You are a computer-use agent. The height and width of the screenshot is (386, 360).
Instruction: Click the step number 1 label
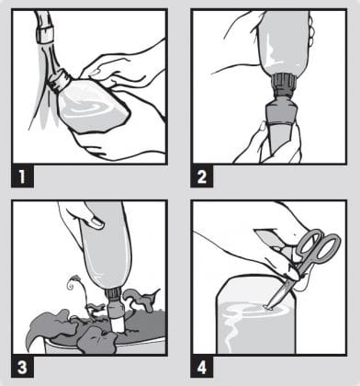22,176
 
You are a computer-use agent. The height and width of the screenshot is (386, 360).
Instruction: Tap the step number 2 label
202,176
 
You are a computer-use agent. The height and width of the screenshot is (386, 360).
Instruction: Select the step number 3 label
22,367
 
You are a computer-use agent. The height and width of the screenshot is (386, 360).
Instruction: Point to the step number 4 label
202,367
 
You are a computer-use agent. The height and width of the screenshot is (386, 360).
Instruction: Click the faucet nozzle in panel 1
43,33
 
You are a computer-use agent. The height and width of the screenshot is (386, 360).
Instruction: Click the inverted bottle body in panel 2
283,44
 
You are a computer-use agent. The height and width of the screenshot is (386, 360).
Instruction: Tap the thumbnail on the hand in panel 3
98,222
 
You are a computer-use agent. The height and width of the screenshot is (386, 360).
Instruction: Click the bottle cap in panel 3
114,296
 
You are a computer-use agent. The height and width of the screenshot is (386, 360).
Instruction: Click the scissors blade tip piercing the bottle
268,307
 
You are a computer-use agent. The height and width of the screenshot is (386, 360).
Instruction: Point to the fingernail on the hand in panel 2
263,126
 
